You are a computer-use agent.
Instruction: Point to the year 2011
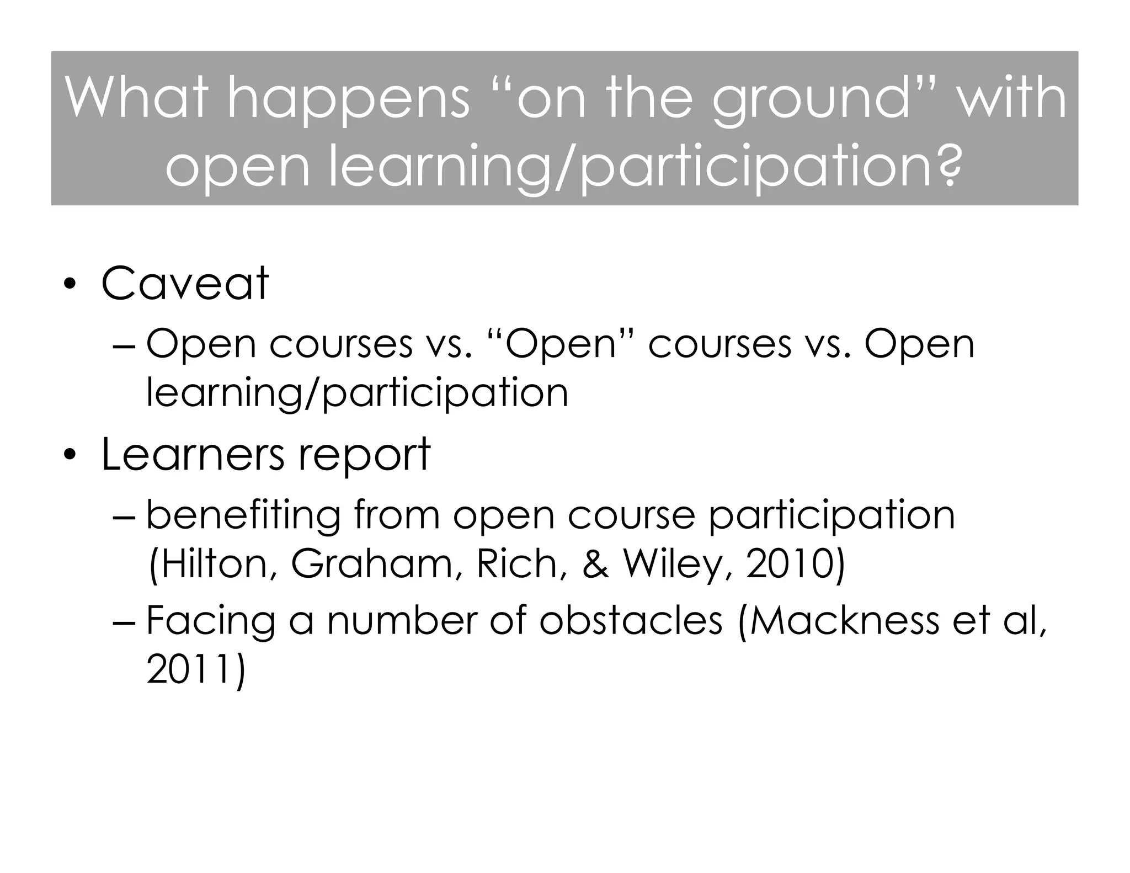coord(193,669)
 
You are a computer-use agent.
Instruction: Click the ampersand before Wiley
coord(595,564)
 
